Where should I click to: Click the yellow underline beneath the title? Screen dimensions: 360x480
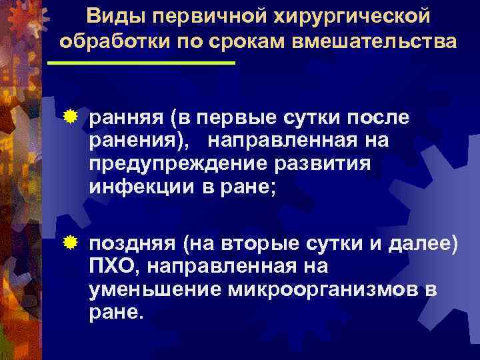click(141, 63)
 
